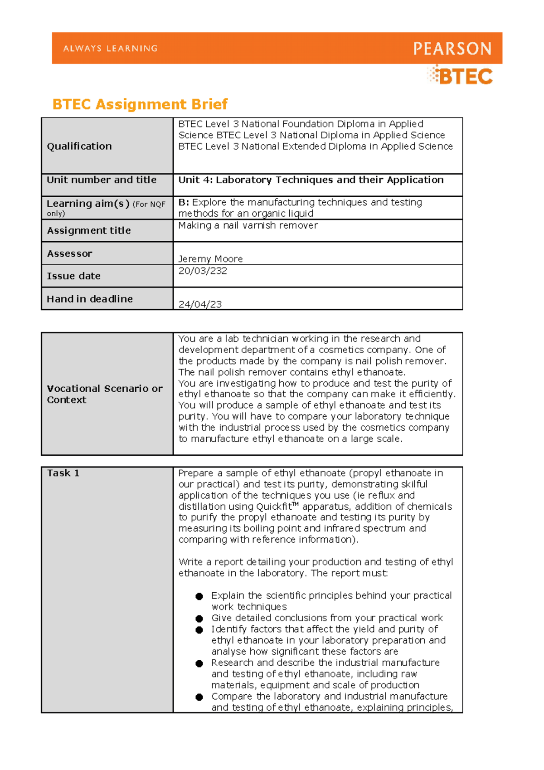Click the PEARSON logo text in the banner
click(452, 49)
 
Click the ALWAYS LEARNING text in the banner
click(110, 49)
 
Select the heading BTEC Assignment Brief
click(140, 104)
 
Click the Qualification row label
click(79, 146)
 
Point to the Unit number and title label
click(102, 180)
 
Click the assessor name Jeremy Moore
click(210, 259)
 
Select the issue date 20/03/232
click(203, 271)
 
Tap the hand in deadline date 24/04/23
click(200, 304)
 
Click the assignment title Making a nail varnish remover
click(248, 225)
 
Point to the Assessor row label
click(69, 253)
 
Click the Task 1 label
click(63, 473)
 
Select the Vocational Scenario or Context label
click(104, 394)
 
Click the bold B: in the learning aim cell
click(184, 202)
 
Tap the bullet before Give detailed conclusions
click(199, 619)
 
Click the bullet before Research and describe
click(199, 663)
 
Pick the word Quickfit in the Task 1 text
click(274, 507)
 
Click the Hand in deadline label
click(90, 299)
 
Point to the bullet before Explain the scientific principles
click(199, 596)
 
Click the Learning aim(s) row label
click(88, 204)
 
